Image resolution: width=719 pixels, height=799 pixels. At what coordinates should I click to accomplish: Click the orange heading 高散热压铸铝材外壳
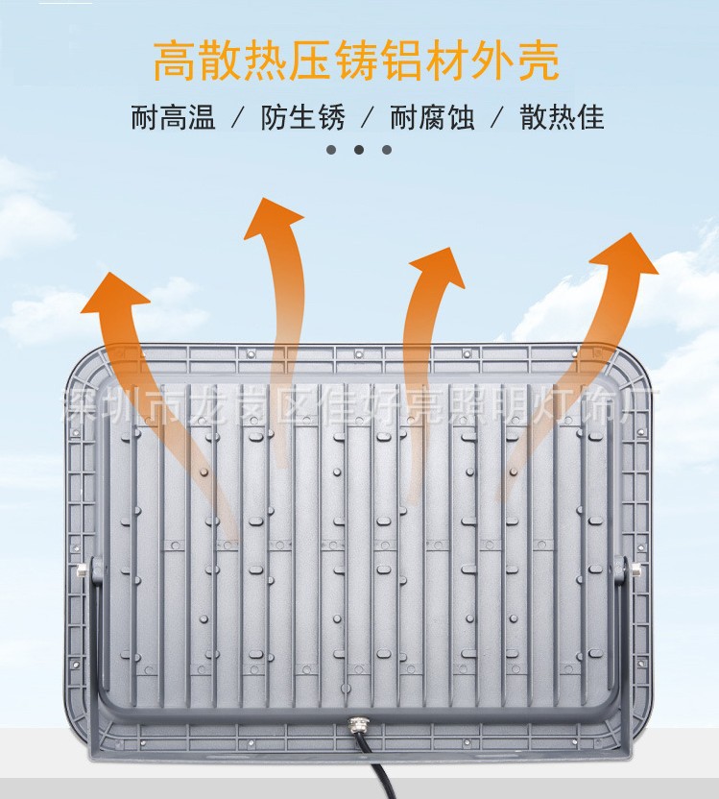(x=356, y=61)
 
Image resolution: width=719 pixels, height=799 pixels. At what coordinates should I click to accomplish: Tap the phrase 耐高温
(x=174, y=118)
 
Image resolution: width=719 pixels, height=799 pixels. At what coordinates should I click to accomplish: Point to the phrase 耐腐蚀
(x=432, y=118)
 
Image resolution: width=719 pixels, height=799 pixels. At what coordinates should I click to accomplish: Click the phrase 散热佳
(x=562, y=118)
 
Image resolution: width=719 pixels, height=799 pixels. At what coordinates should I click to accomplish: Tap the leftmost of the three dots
(x=331, y=150)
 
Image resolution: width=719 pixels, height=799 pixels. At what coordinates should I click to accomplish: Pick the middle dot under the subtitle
(x=359, y=150)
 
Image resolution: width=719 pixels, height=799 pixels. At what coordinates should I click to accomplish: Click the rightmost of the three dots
(x=387, y=150)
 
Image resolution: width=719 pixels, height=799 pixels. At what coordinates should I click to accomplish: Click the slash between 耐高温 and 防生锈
(x=237, y=119)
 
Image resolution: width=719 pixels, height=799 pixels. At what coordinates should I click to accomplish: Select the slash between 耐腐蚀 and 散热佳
(x=496, y=119)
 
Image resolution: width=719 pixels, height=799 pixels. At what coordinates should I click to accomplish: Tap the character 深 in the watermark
(x=77, y=404)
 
